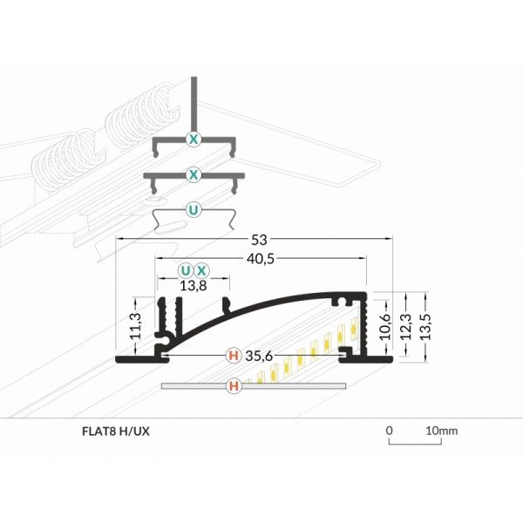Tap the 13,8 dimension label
pos(194,284)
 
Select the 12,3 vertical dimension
pos(404,323)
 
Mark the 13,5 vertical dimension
pos(425,323)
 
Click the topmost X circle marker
pos(194,139)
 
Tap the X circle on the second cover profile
pos(194,175)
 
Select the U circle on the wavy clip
pos(194,209)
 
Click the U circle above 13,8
pos(185,270)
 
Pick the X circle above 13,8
pos(201,270)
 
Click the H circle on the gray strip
pos(233,385)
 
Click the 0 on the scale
pos(390,431)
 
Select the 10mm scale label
pos(441,431)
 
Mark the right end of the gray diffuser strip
pos(344,385)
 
